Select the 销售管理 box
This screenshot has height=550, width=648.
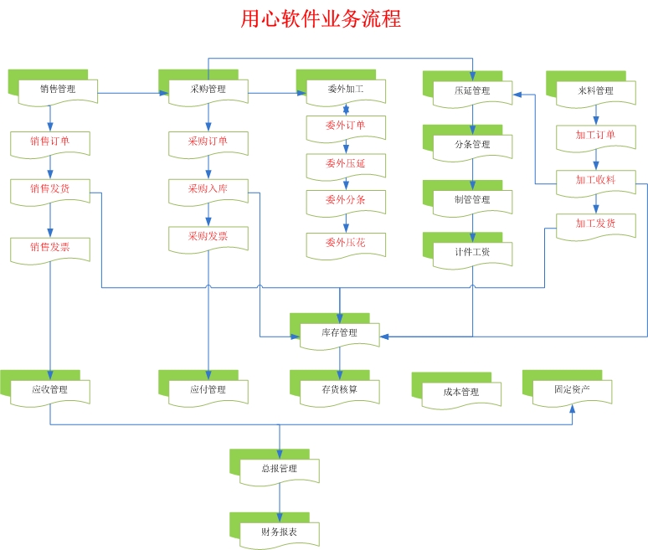(x=57, y=90)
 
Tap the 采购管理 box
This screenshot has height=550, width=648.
(x=208, y=90)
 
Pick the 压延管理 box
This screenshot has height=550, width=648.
(x=472, y=91)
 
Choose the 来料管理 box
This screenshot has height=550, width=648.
(x=595, y=91)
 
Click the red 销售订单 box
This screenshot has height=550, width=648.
(x=49, y=141)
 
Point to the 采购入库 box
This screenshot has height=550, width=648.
(x=208, y=190)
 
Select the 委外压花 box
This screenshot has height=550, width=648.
(x=346, y=244)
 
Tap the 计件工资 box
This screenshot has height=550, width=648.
(x=472, y=252)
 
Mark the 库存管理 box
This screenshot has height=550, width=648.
(x=339, y=333)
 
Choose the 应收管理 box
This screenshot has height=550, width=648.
(x=49, y=390)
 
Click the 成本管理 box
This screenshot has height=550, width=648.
(x=460, y=392)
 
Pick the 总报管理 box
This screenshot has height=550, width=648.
(x=280, y=470)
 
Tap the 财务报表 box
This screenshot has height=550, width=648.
(x=280, y=532)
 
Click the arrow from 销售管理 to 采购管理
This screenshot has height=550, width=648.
(x=129, y=92)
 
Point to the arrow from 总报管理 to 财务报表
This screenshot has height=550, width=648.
(x=280, y=501)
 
